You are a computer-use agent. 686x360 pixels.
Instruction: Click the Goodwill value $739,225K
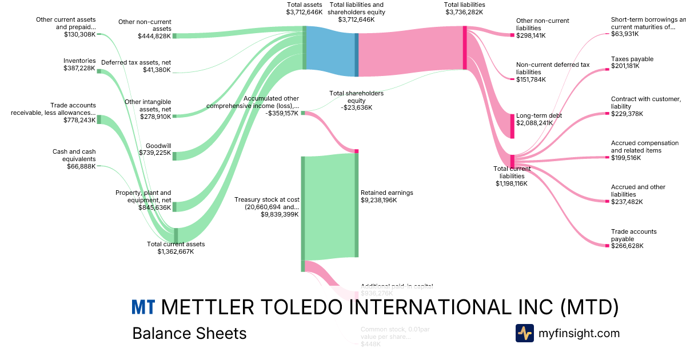point(154,153)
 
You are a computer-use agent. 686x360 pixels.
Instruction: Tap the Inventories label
point(79,61)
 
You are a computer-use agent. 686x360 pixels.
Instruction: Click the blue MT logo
point(143,307)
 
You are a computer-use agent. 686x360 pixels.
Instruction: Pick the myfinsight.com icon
point(524,333)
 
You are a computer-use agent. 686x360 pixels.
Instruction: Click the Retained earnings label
point(386,193)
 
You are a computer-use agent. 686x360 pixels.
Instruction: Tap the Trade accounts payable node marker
point(607,246)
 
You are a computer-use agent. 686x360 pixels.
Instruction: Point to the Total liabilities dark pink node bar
point(465,48)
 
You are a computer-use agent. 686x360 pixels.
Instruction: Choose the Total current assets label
point(176,244)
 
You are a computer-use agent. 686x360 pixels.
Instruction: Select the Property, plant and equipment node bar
point(175,206)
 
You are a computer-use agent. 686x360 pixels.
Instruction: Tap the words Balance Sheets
point(189,333)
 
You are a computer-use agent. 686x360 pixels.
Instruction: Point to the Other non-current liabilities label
point(543,24)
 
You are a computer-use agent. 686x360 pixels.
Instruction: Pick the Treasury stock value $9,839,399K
point(280,214)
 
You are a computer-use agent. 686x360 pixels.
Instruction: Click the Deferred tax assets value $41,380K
point(157,70)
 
